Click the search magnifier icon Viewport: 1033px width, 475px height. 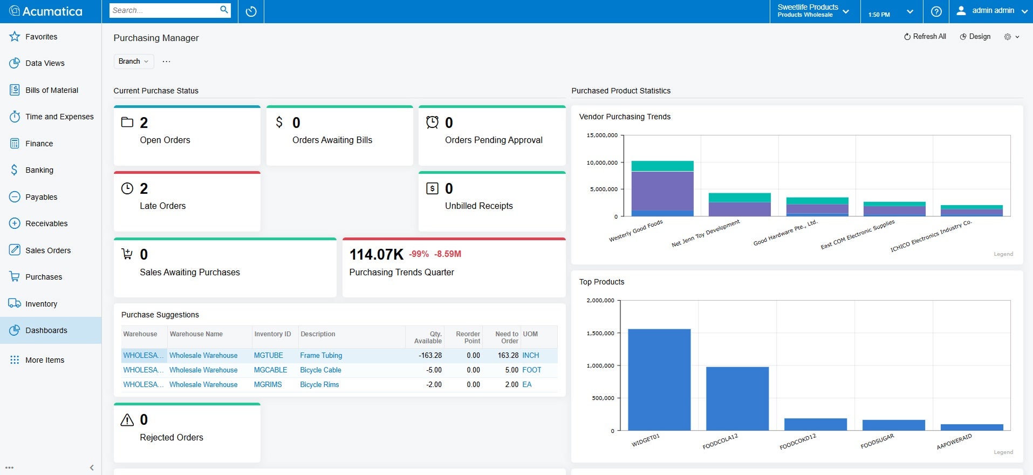[x=224, y=10]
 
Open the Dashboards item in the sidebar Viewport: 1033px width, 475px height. [x=46, y=330]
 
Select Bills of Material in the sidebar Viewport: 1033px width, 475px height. [x=52, y=90]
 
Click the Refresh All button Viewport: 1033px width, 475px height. [x=925, y=37]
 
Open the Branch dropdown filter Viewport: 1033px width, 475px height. [x=133, y=62]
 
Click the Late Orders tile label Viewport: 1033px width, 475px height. [x=162, y=206]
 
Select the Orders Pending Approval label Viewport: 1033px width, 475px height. [x=493, y=140]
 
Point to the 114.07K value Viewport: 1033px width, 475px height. [x=376, y=254]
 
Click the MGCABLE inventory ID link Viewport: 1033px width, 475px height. [x=270, y=370]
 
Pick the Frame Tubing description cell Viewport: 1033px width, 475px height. [x=321, y=356]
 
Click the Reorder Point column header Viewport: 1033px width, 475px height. [x=467, y=337]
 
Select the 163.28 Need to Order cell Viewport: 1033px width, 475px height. [x=508, y=356]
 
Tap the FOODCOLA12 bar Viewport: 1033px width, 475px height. [x=737, y=399]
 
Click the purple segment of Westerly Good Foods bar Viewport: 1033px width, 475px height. [x=662, y=191]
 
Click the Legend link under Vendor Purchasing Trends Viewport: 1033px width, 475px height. [x=1003, y=254]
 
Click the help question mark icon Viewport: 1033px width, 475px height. [x=936, y=11]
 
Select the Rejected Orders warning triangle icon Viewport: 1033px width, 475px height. [x=127, y=420]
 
